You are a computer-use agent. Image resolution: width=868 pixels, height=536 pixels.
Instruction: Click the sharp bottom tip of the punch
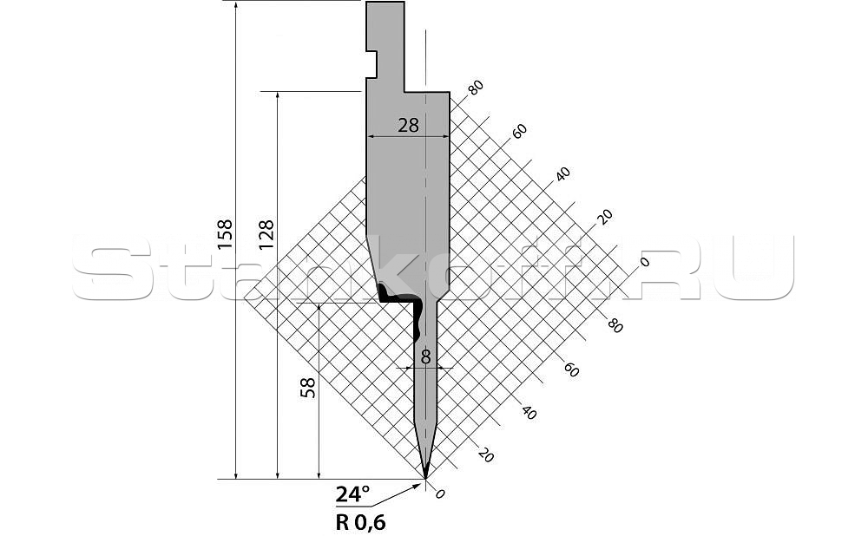(x=425, y=477)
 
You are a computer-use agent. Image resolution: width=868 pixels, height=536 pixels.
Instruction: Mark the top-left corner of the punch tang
(x=366, y=3)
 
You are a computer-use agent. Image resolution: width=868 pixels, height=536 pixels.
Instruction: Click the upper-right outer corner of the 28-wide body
(x=449, y=93)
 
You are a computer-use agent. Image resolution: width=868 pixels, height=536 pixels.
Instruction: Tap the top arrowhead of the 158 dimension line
(x=236, y=5)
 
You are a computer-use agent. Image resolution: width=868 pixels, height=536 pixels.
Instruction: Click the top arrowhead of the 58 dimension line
(x=319, y=307)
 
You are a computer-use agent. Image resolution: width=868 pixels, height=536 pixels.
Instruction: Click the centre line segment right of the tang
(x=425, y=61)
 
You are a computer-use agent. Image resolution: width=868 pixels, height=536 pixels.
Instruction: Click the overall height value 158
(x=226, y=235)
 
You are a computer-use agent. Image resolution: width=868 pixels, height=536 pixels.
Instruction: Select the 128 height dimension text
(x=266, y=235)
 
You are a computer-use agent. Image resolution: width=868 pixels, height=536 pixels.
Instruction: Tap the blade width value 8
(x=425, y=357)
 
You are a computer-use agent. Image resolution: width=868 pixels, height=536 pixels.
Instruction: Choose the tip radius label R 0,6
(x=360, y=522)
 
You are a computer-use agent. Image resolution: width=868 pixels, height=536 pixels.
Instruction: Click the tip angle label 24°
(x=352, y=494)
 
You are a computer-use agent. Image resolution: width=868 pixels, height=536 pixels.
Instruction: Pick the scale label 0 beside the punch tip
(x=440, y=494)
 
